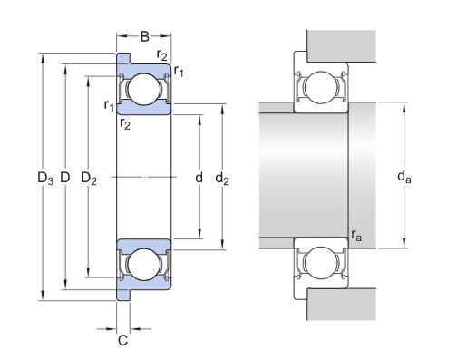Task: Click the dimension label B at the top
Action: pos(145,36)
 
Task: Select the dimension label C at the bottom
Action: pos(122,340)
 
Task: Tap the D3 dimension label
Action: pos(45,178)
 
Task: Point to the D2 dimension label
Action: pos(89,178)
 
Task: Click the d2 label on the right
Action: pos(222,178)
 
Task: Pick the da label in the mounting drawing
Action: pos(404,177)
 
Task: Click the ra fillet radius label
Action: pos(356,236)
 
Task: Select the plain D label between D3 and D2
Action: pos(65,177)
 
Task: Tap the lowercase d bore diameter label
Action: pos(199,178)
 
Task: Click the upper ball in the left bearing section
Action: pos(144,89)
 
